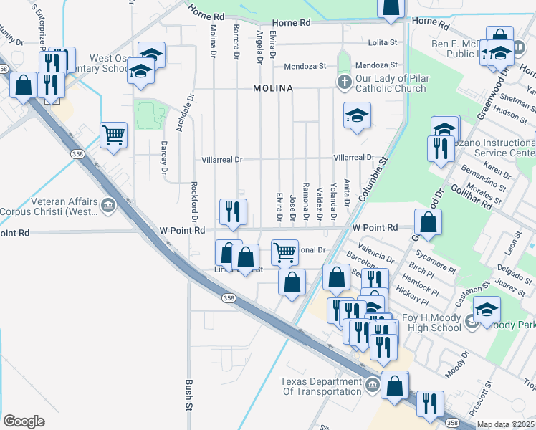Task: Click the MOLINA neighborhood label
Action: pos(273,88)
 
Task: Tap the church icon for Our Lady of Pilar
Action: pos(344,80)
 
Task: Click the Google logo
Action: pos(23,421)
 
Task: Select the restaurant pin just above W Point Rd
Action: pos(233,211)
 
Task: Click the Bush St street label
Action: pos(190,396)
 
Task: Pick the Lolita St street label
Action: pos(383,43)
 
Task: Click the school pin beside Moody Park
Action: pos(487,308)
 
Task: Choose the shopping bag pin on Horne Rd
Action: pos(391,7)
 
